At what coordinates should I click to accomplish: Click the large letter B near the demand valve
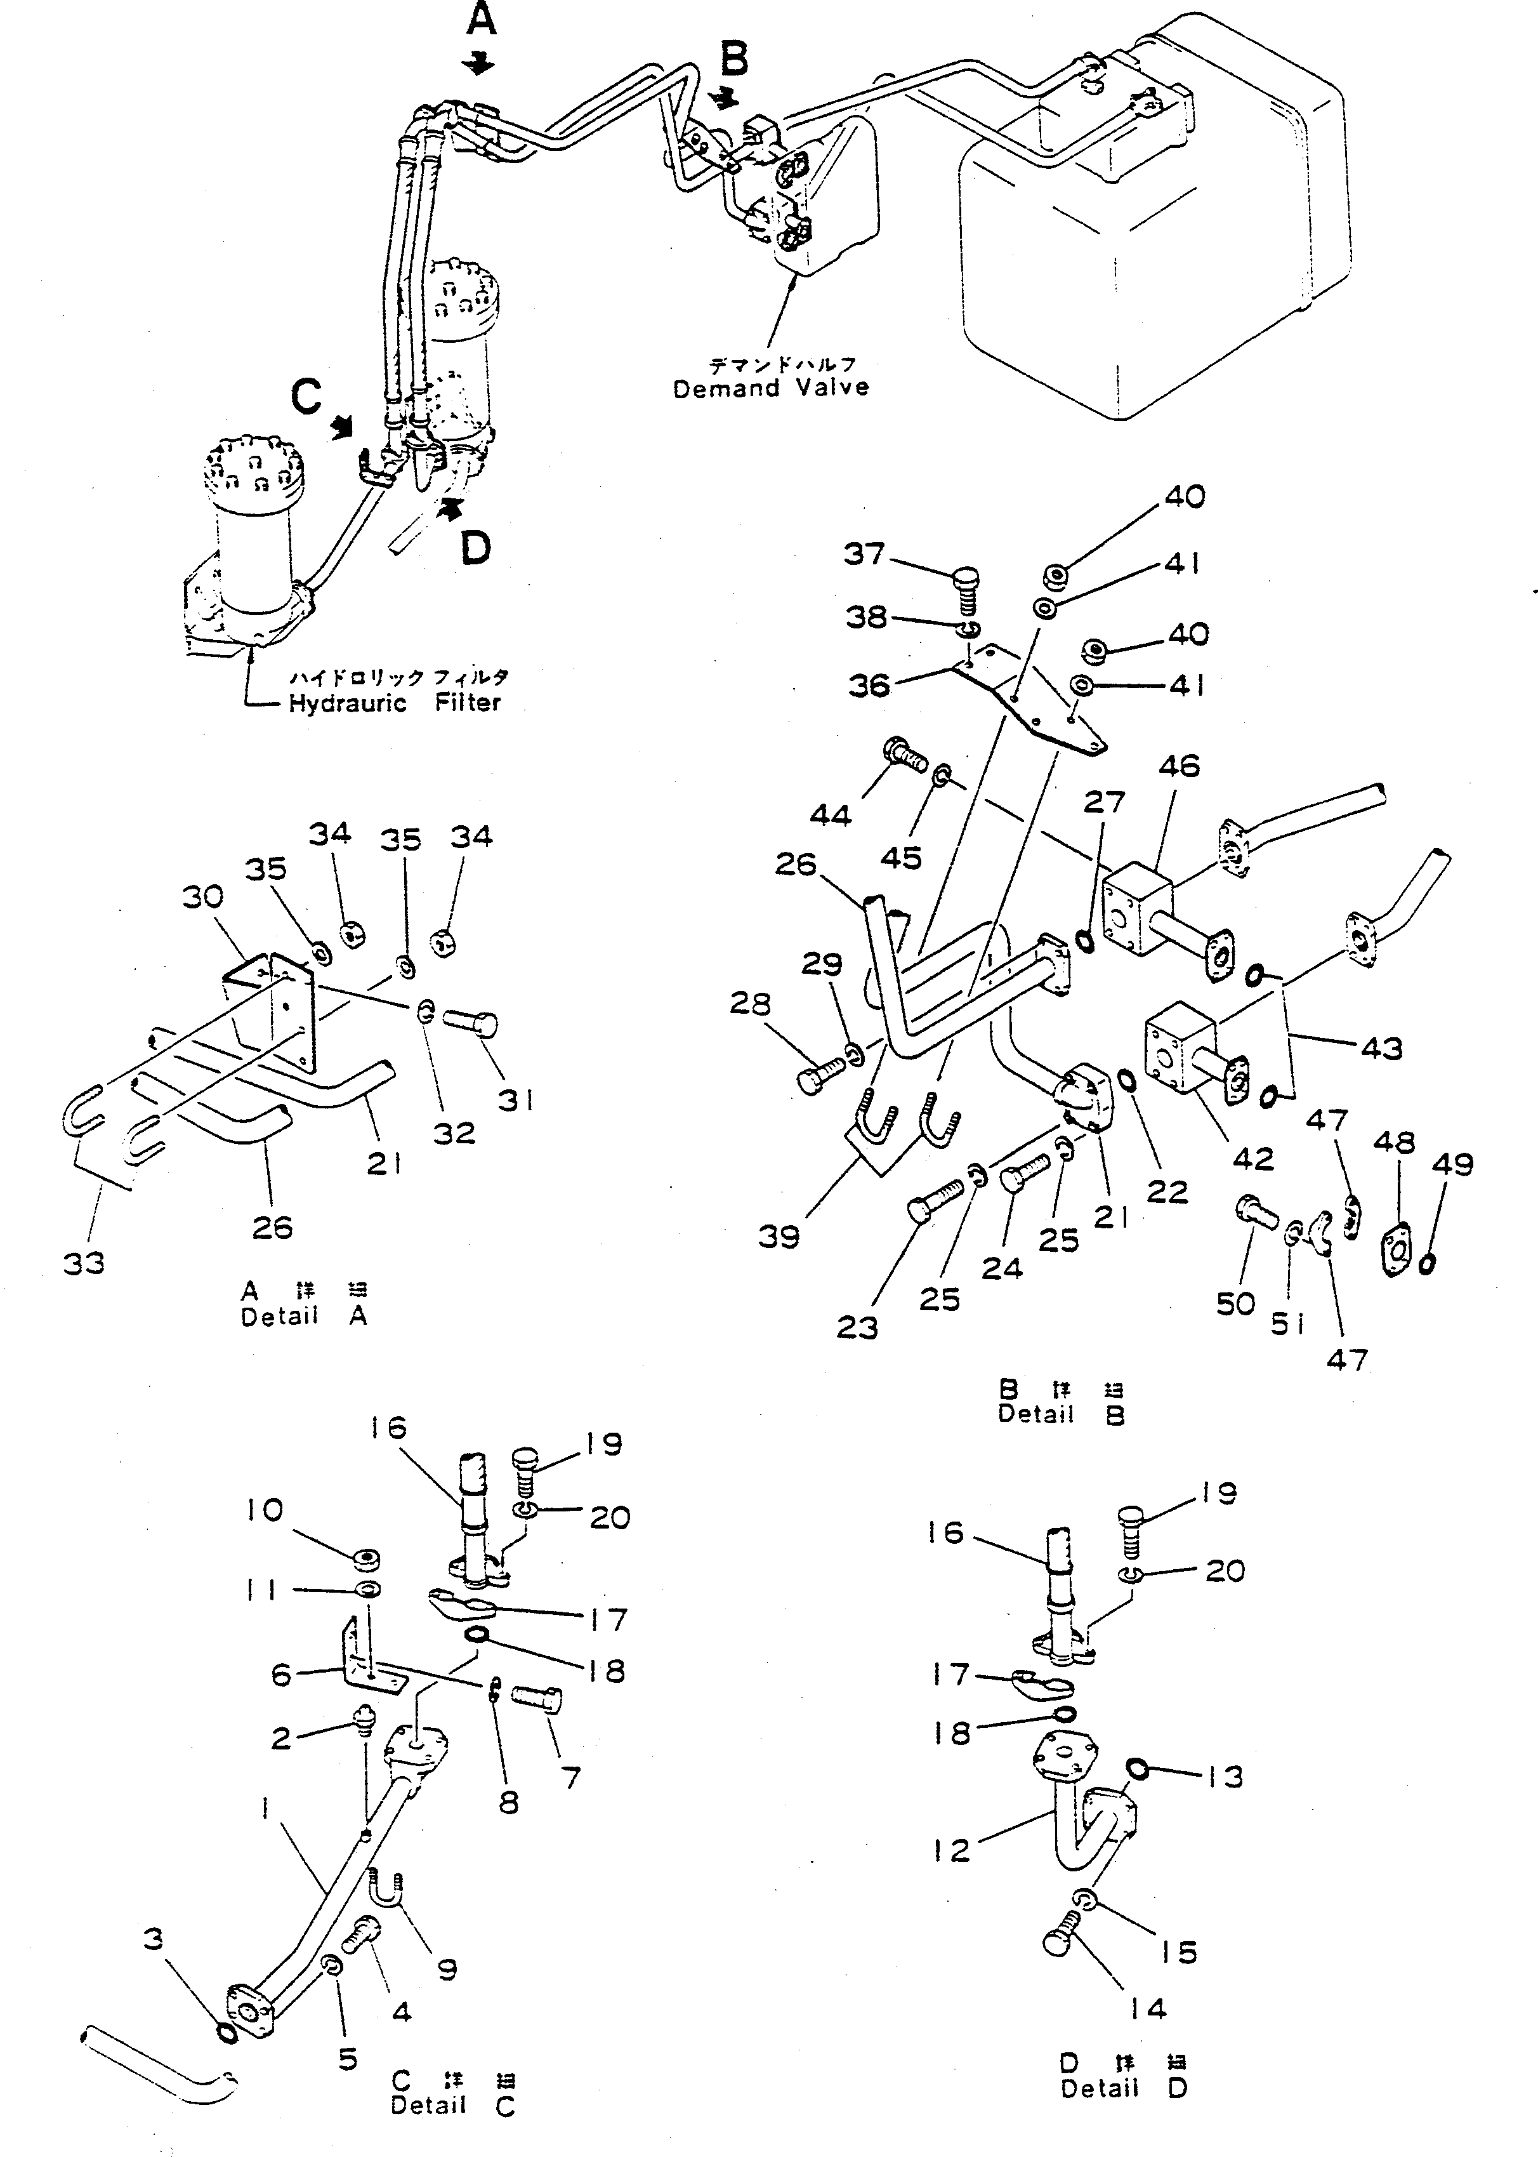coord(734,59)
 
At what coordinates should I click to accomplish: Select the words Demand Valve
coord(771,387)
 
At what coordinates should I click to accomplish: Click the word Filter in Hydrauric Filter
coord(468,702)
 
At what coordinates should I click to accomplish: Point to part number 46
coord(1179,766)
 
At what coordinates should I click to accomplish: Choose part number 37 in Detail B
coord(864,554)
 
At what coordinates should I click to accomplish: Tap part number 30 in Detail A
coord(202,896)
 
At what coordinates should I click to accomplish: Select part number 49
coord(1453,1164)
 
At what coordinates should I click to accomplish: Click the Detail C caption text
coord(452,2105)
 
